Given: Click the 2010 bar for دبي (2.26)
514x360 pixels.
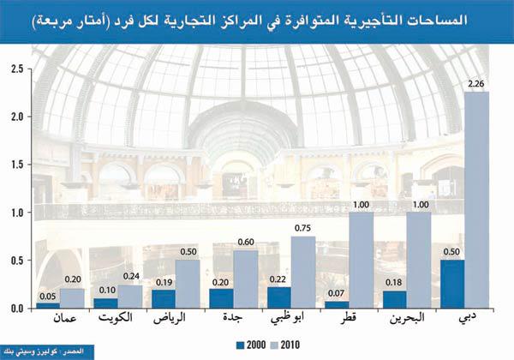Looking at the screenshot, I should point(476,199).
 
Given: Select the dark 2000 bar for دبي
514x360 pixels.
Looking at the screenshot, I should point(451,284).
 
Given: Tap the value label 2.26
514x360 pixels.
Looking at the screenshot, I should point(477,82).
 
